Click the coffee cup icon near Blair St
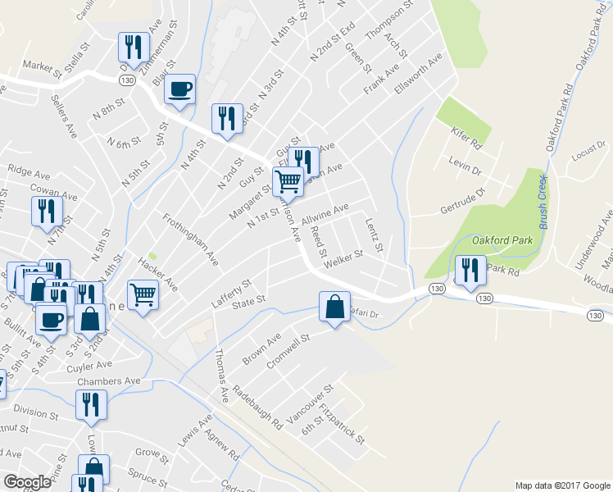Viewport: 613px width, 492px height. (x=180, y=89)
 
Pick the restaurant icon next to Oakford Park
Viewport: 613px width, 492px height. (x=469, y=271)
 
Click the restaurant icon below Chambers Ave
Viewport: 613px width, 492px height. (x=89, y=405)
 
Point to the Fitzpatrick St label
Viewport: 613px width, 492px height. (x=343, y=423)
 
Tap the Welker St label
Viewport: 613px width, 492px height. (x=343, y=260)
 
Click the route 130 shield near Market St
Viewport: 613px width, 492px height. (x=125, y=80)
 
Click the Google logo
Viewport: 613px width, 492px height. (x=27, y=482)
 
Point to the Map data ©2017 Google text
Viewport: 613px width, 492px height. (x=561, y=485)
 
